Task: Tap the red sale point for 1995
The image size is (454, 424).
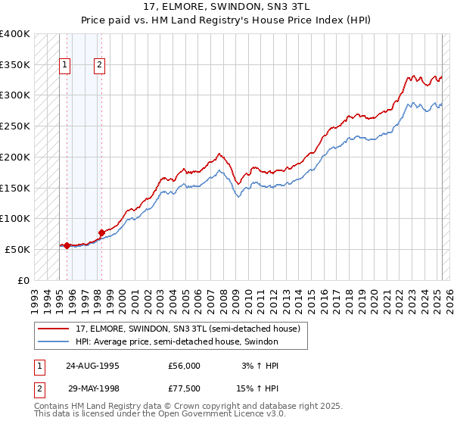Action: (67, 245)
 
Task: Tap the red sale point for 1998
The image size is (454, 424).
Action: (101, 232)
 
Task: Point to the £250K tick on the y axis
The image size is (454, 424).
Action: (15, 126)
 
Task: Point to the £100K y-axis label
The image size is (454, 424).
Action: (15, 218)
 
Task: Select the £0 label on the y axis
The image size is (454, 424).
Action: (23, 280)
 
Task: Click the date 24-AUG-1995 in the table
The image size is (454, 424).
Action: (93, 366)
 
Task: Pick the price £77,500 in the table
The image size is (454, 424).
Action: (184, 391)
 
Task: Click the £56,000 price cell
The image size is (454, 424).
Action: (184, 366)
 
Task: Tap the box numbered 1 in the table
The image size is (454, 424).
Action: (39, 366)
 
